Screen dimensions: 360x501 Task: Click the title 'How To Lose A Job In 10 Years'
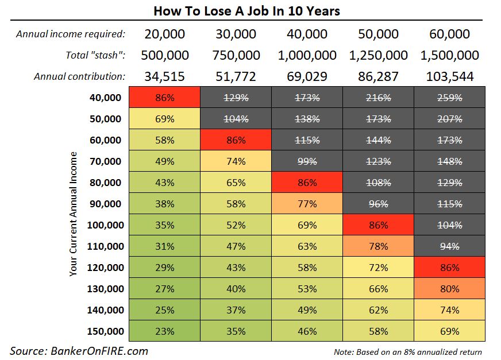[x=250, y=11]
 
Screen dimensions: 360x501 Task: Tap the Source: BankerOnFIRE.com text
[x=79, y=350]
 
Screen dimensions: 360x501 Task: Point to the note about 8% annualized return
[x=407, y=351]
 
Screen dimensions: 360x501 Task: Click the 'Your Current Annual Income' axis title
[x=73, y=214]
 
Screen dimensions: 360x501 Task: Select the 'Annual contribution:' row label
[x=79, y=76]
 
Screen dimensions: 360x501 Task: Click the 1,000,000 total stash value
[x=307, y=55]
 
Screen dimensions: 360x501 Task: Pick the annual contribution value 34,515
[x=164, y=76]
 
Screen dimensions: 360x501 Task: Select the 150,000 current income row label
[x=105, y=331]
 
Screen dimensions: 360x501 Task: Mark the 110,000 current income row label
[x=105, y=246]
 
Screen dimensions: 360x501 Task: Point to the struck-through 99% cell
[x=307, y=161]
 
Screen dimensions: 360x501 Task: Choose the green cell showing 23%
[x=164, y=331]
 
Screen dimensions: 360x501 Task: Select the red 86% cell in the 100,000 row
[x=379, y=225]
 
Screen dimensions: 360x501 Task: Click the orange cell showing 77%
[x=307, y=204]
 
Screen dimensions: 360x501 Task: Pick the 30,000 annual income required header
[x=236, y=34]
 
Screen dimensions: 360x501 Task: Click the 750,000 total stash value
[x=236, y=55]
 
